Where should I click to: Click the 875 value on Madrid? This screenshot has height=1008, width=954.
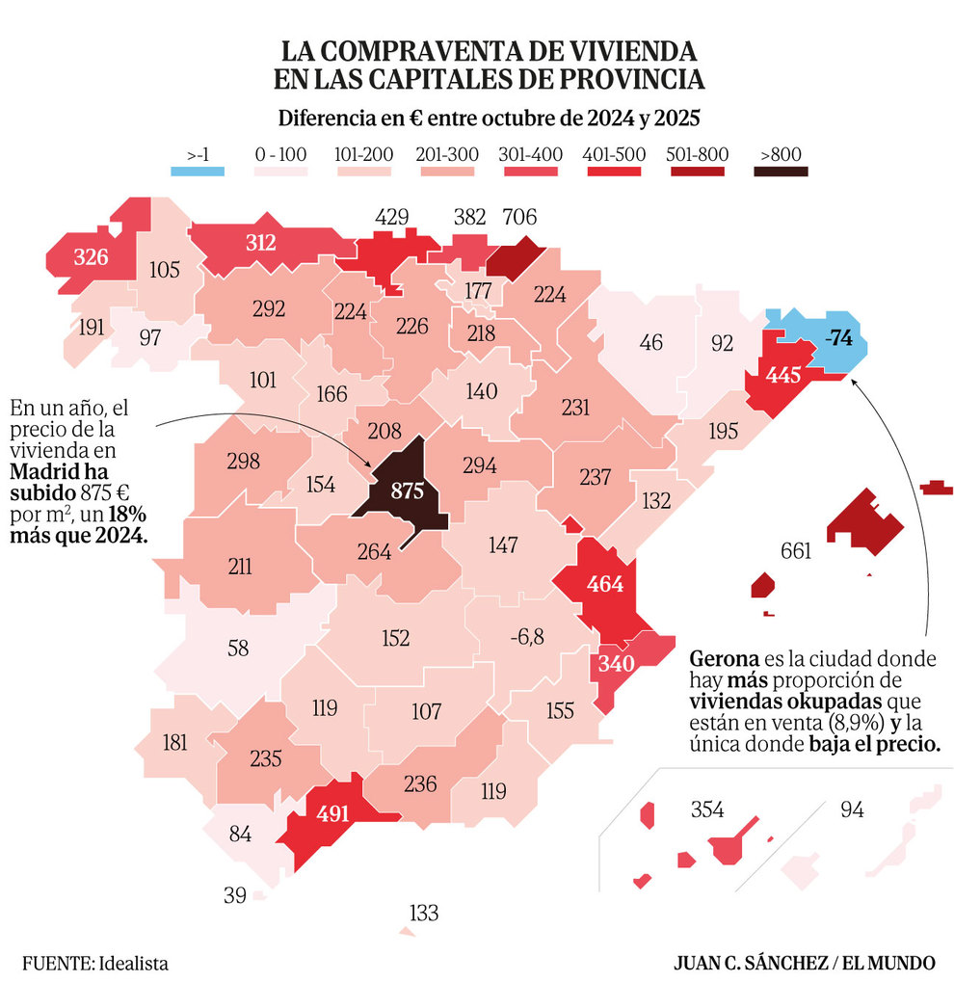point(407,491)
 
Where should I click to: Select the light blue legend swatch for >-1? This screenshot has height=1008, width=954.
point(198,172)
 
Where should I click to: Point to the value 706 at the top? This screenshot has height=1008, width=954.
point(518,217)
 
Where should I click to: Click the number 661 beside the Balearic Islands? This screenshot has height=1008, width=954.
point(796,551)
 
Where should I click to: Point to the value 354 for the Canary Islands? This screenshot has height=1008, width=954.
point(707,809)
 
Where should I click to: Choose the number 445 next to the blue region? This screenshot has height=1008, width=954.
point(782,376)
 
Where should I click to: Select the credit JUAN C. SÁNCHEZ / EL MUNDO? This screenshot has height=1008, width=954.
point(805,963)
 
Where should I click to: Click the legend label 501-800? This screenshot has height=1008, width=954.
point(697,154)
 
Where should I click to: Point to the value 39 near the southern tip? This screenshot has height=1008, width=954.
point(235,895)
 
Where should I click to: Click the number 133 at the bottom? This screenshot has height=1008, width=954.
point(423,912)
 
